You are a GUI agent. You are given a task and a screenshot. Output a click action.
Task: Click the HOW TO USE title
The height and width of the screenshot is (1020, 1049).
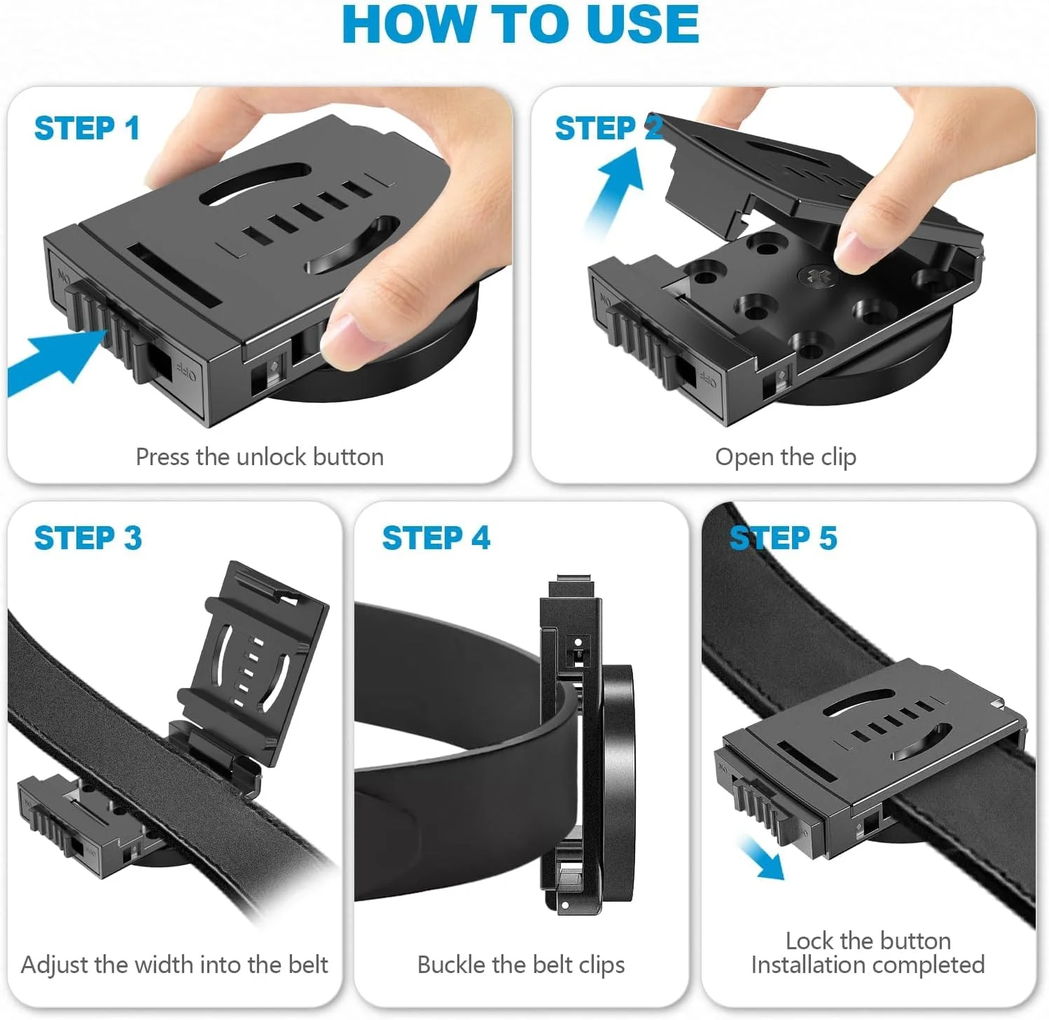point(520,25)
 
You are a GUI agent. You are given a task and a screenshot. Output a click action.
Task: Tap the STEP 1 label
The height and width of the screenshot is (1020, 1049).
point(87,128)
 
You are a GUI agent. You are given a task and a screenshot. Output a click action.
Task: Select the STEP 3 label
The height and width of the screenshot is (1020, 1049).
point(88,538)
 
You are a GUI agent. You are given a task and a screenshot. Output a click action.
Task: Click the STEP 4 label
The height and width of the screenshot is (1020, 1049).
point(436,538)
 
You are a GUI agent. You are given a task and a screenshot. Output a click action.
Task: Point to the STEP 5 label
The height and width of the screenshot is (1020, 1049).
point(783,538)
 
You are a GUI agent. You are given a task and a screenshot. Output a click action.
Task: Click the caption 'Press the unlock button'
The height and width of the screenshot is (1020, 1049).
point(259,457)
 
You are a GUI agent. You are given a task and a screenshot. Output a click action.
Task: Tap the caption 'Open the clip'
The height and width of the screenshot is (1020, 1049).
point(786,457)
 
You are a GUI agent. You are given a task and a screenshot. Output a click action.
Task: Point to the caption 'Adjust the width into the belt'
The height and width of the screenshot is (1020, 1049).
point(174,965)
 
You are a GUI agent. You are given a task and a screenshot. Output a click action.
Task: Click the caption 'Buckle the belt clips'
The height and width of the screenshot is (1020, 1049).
point(521,965)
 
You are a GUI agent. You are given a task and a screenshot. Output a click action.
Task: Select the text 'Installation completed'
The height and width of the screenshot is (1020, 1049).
point(868,965)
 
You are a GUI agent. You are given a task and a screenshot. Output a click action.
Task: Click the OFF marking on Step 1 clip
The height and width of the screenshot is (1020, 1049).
point(186,369)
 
